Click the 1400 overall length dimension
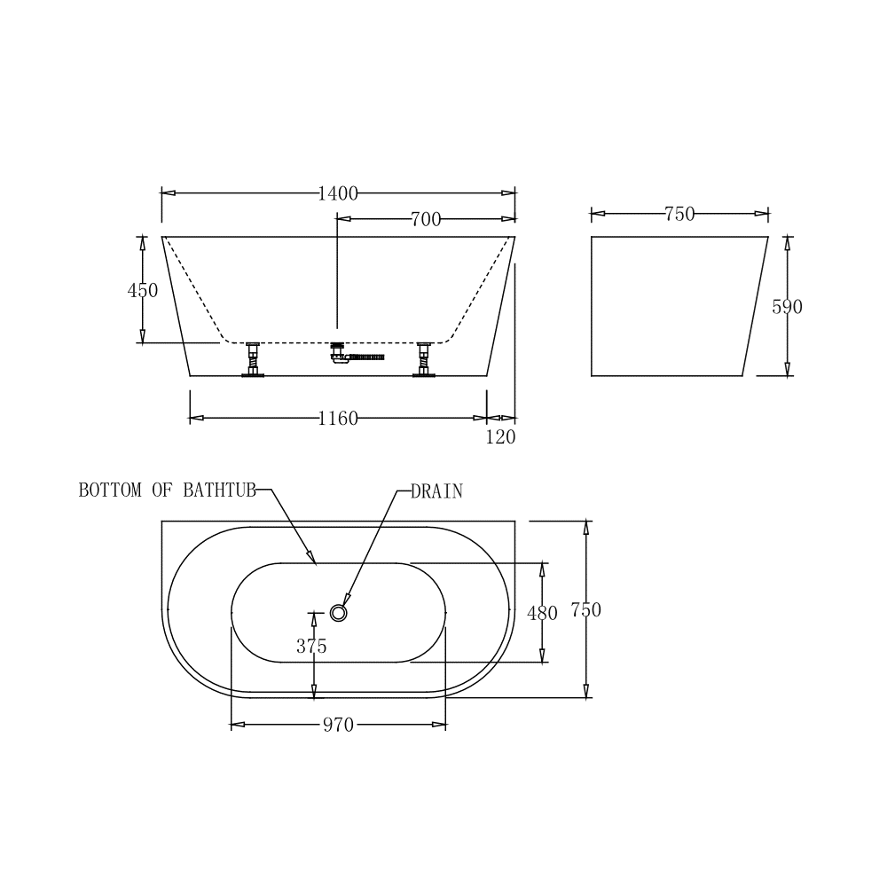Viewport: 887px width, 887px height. point(338,194)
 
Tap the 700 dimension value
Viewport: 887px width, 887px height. point(426,219)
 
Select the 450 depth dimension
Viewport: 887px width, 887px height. point(143,290)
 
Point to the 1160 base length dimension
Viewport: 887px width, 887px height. point(338,419)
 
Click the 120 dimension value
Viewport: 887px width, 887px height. point(500,437)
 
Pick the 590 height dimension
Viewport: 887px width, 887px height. point(787,307)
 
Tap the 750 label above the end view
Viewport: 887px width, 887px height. point(679,214)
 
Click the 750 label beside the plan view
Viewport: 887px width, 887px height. point(586,610)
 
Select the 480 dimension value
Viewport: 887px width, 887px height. point(542,613)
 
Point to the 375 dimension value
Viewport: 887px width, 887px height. point(311,646)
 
